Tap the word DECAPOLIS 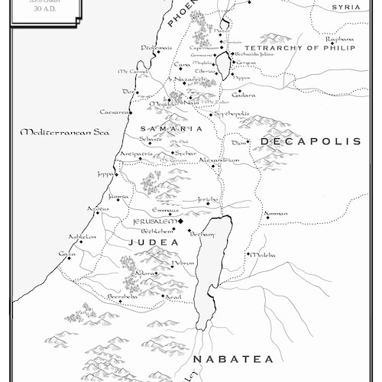(x=309, y=141)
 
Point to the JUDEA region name (x=153, y=242)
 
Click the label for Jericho (x=208, y=199)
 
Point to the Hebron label (x=183, y=262)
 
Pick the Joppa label (x=106, y=173)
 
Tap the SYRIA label (x=346, y=7)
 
